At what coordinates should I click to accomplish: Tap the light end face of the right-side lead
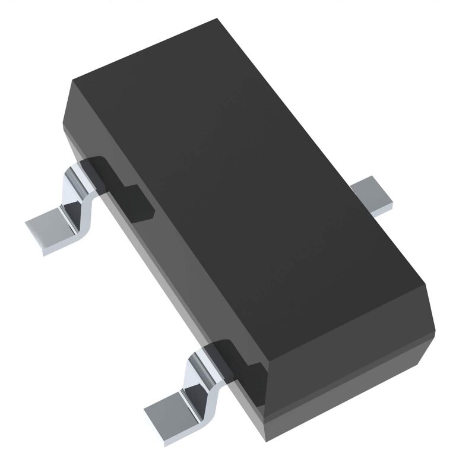pyautogui.click(x=383, y=205)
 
